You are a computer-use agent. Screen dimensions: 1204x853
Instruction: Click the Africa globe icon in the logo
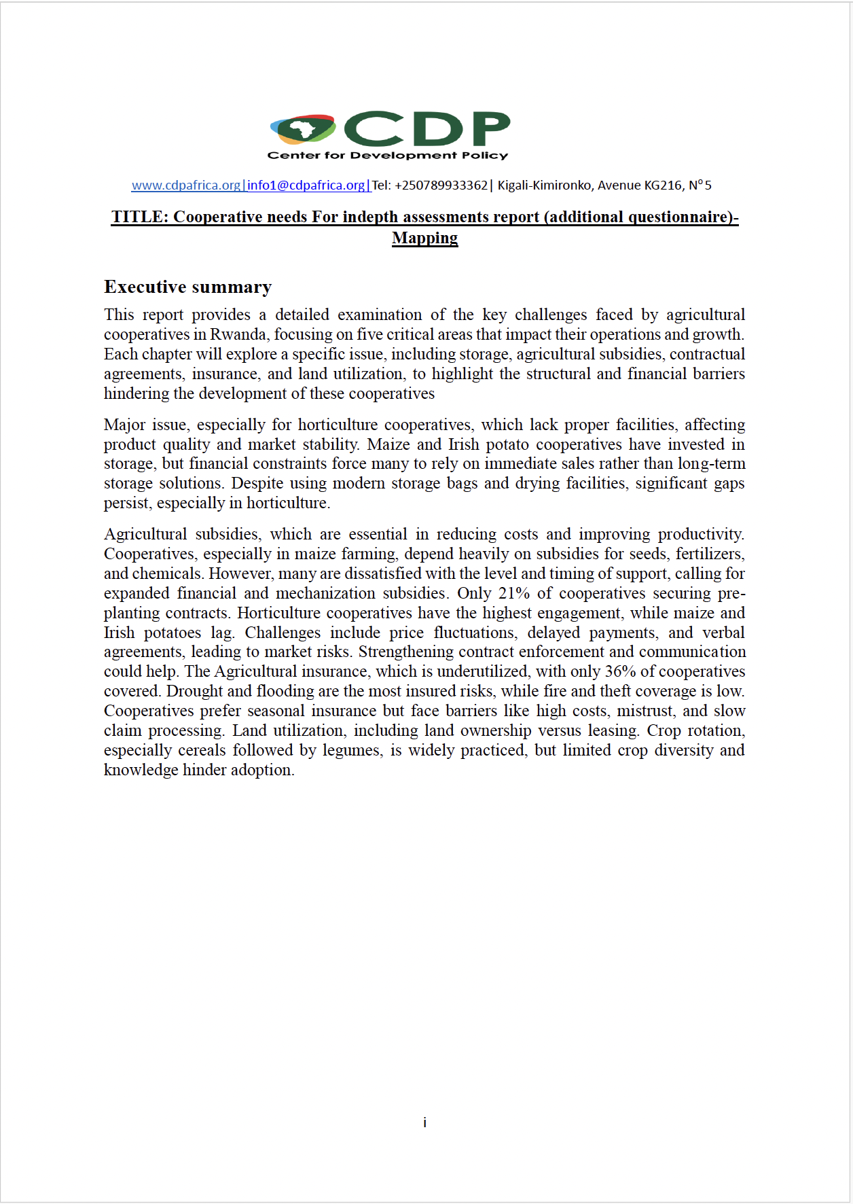point(303,128)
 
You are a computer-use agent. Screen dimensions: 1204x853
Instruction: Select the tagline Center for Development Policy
point(388,156)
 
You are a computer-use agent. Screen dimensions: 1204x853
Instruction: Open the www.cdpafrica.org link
point(186,185)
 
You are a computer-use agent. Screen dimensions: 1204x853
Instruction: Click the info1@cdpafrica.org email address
point(306,185)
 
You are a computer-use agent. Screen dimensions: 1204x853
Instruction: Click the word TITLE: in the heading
point(139,217)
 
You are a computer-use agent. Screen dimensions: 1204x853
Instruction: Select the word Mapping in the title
point(425,238)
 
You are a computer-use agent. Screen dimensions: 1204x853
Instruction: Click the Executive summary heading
point(187,287)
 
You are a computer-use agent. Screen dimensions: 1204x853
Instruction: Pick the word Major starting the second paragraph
point(124,425)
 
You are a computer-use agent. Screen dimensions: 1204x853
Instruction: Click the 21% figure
point(514,593)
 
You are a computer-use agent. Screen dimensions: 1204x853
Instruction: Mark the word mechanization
point(325,593)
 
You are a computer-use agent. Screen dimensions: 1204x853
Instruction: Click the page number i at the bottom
point(425,1122)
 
